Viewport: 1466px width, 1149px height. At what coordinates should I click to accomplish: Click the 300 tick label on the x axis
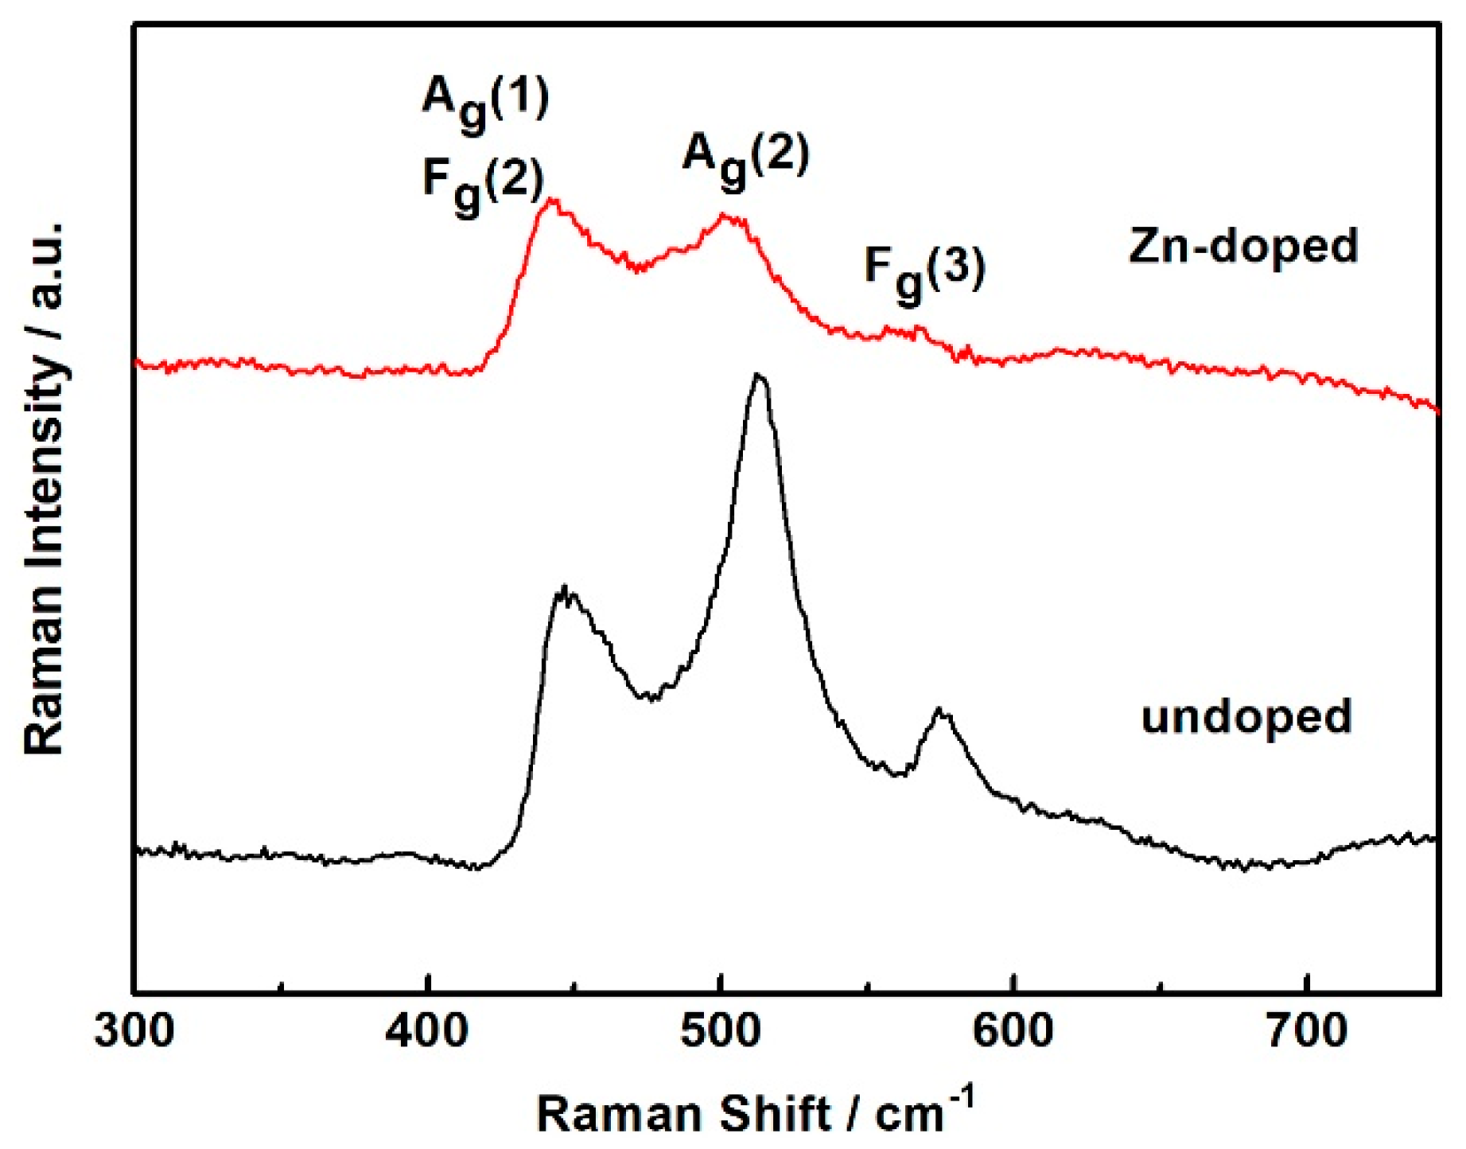(x=134, y=1033)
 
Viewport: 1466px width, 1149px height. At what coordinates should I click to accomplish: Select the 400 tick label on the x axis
(x=427, y=1033)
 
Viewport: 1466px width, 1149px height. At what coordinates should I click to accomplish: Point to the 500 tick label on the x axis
(x=721, y=1033)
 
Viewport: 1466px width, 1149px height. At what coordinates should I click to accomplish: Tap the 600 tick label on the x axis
(x=1013, y=1033)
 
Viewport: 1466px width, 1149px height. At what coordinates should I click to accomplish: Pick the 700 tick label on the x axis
(x=1306, y=1033)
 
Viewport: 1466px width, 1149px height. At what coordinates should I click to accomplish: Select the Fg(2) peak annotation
(x=483, y=182)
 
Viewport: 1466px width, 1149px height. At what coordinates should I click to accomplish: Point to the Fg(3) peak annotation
(x=924, y=271)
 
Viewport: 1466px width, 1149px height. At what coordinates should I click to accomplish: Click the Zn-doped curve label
(x=1243, y=246)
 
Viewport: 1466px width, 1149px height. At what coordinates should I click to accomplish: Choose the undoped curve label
(x=1246, y=716)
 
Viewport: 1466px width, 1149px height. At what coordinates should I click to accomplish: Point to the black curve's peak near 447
(x=564, y=590)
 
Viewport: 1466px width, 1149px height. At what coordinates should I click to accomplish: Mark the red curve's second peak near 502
(x=724, y=215)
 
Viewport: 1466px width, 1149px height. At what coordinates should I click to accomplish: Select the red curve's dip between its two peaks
(x=636, y=269)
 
